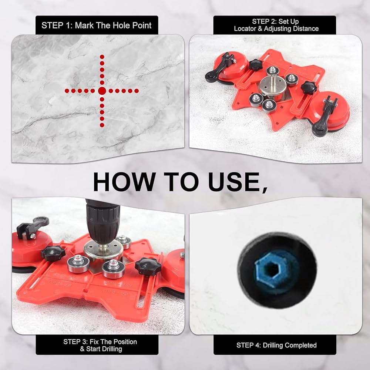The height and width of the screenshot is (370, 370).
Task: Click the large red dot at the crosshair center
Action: [102, 91]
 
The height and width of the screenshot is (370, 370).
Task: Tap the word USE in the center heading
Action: [237, 182]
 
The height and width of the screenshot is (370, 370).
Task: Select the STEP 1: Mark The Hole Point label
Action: [97, 25]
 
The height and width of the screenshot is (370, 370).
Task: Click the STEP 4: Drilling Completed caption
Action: [276, 345]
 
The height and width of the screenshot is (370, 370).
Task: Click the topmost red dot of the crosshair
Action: [102, 57]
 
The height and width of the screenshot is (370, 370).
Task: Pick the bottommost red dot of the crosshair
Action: [102, 125]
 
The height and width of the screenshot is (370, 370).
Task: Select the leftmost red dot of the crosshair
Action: [67, 91]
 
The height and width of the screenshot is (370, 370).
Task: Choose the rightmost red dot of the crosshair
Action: [137, 91]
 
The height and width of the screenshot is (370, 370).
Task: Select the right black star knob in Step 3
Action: [148, 266]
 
